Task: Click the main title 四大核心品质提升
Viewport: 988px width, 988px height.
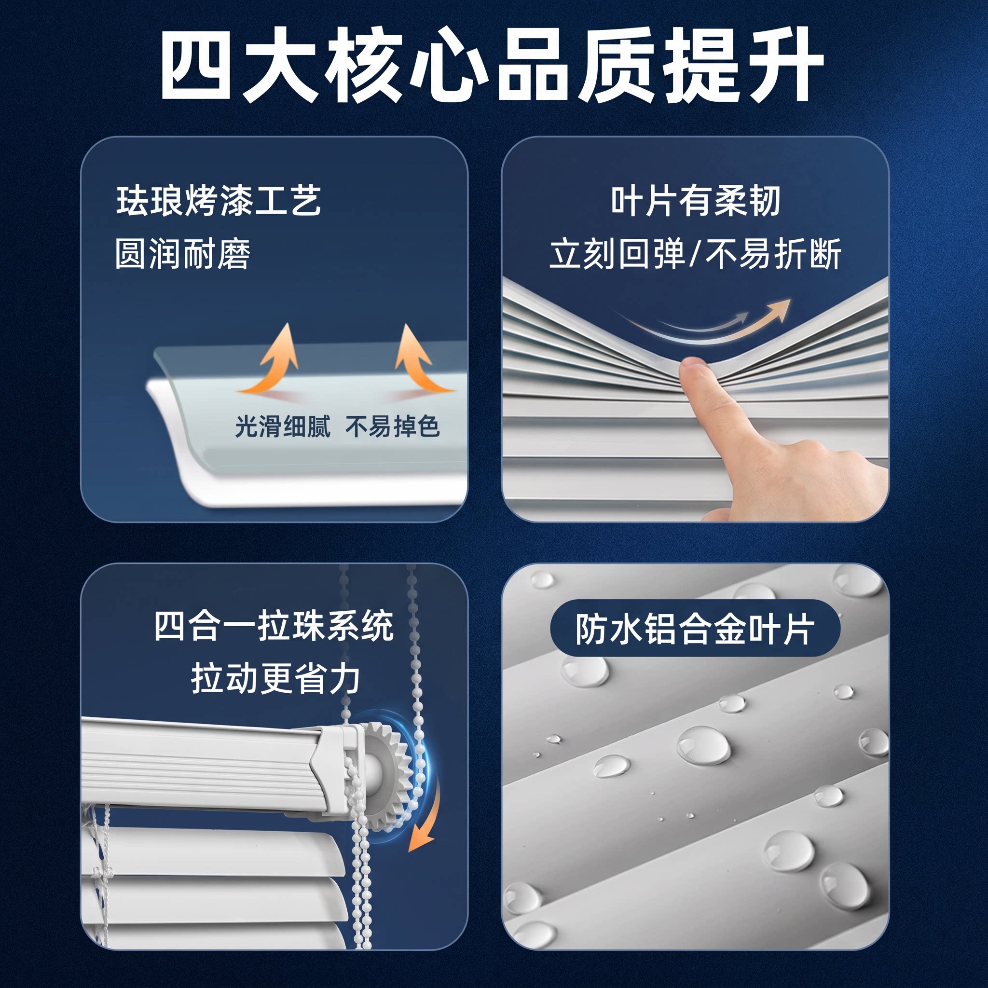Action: click(492, 65)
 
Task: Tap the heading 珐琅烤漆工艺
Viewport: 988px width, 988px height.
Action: click(219, 201)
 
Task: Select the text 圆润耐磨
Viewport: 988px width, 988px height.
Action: click(182, 254)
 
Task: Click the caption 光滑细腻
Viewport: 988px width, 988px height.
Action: click(283, 426)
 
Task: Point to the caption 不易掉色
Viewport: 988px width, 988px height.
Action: click(392, 426)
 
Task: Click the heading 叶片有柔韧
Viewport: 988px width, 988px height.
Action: click(696, 201)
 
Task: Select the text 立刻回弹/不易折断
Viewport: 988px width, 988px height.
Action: click(696, 254)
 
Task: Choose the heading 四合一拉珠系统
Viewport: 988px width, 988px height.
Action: click(274, 626)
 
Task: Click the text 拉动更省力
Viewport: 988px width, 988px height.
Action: click(275, 679)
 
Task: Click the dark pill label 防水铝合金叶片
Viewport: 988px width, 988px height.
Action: click(696, 629)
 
